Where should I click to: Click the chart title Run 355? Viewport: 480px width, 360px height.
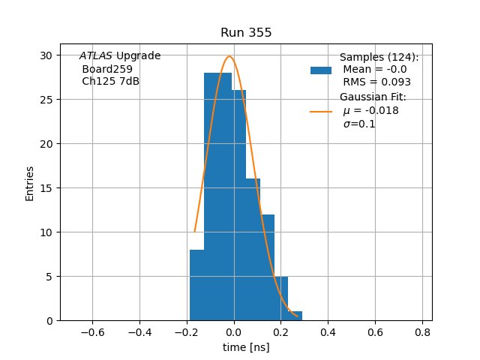tap(246, 33)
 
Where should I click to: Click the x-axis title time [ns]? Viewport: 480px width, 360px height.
tap(246, 347)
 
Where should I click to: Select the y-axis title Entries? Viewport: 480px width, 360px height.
tap(30, 183)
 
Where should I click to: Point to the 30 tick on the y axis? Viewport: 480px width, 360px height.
tap(46, 55)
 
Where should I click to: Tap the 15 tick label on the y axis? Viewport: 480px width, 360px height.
tap(46, 188)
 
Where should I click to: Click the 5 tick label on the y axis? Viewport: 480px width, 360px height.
tap(49, 277)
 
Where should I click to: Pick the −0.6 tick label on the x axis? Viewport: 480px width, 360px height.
tap(91, 331)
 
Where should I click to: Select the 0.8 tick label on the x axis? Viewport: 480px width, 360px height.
tap(422, 331)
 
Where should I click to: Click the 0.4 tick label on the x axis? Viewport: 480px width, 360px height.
tap(328, 331)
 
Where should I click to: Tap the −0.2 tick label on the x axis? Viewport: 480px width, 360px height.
tap(186, 331)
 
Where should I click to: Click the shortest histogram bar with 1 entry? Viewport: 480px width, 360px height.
tap(295, 316)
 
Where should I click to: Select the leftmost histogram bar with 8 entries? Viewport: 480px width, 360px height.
tap(196, 285)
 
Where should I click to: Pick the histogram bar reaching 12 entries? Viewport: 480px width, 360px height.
tap(267, 267)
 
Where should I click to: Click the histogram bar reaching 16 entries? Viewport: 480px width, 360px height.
tap(253, 249)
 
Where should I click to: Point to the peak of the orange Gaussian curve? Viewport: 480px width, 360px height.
tap(229, 56)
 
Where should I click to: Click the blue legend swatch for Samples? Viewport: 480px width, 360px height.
tap(321, 70)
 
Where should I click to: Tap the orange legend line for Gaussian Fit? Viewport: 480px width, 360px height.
tap(321, 111)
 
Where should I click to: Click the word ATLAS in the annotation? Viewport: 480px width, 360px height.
tap(95, 56)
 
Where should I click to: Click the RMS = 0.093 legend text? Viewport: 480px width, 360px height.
tap(376, 82)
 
